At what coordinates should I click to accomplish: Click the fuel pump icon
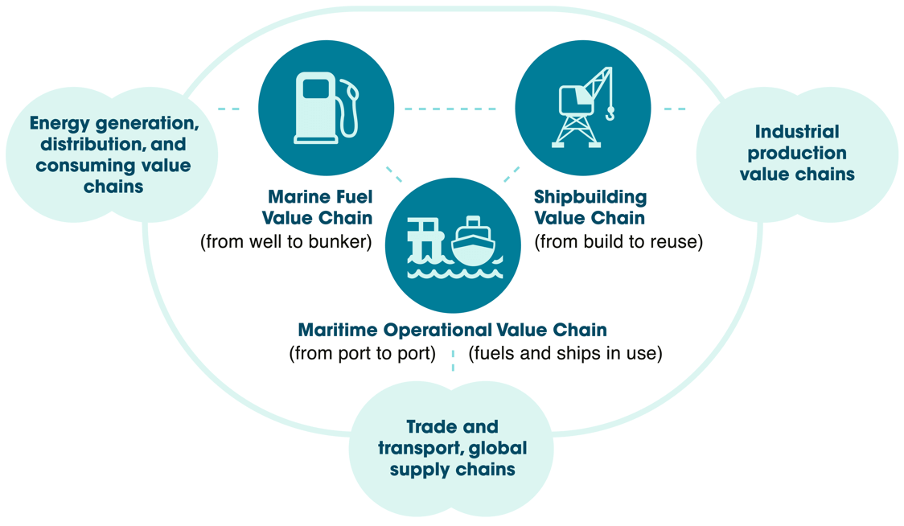[x=327, y=108]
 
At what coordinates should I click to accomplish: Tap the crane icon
[x=583, y=108]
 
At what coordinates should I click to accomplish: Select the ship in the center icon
[x=474, y=241]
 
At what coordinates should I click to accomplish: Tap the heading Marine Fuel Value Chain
[x=318, y=207]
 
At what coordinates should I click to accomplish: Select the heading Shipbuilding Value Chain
[x=590, y=207]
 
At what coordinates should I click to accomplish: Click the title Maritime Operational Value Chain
[x=452, y=330]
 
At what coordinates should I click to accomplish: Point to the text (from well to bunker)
[x=286, y=241]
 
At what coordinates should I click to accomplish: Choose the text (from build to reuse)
[x=618, y=241]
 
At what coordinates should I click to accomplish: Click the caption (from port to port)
[x=362, y=353]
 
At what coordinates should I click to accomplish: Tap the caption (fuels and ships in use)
[x=565, y=353]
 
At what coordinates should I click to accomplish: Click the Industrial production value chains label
[x=797, y=153]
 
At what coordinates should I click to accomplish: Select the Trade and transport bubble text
[x=452, y=448]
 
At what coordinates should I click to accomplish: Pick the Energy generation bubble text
[x=113, y=154]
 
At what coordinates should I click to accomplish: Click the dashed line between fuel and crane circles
[x=450, y=109]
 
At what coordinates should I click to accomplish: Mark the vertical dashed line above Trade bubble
[x=453, y=360]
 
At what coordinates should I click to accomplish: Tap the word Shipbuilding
[x=590, y=197]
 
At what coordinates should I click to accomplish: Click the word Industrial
[x=797, y=132]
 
